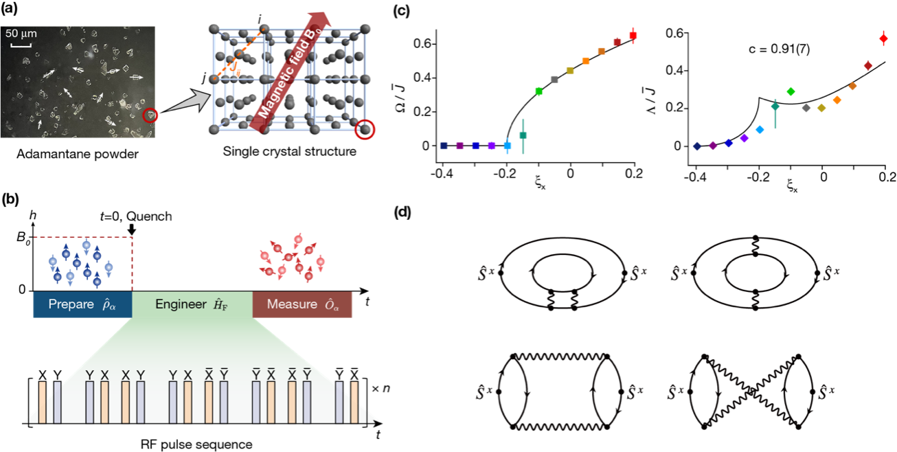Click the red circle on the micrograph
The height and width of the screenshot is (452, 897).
(150, 115)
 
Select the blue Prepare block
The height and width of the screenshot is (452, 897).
(82, 304)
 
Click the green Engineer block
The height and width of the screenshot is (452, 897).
(192, 304)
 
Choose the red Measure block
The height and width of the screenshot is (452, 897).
(302, 304)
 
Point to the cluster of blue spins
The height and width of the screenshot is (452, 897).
(81, 263)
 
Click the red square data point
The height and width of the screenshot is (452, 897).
(633, 34)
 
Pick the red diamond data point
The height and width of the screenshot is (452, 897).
(884, 38)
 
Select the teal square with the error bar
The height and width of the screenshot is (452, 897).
(523, 135)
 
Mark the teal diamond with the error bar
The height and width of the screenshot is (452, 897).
(775, 106)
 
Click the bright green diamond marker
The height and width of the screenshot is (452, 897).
(791, 91)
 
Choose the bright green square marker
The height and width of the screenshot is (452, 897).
(538, 91)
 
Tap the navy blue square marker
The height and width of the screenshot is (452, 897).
(444, 146)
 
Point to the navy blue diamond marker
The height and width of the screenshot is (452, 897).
(697, 146)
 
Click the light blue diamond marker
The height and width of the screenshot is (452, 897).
(760, 130)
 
